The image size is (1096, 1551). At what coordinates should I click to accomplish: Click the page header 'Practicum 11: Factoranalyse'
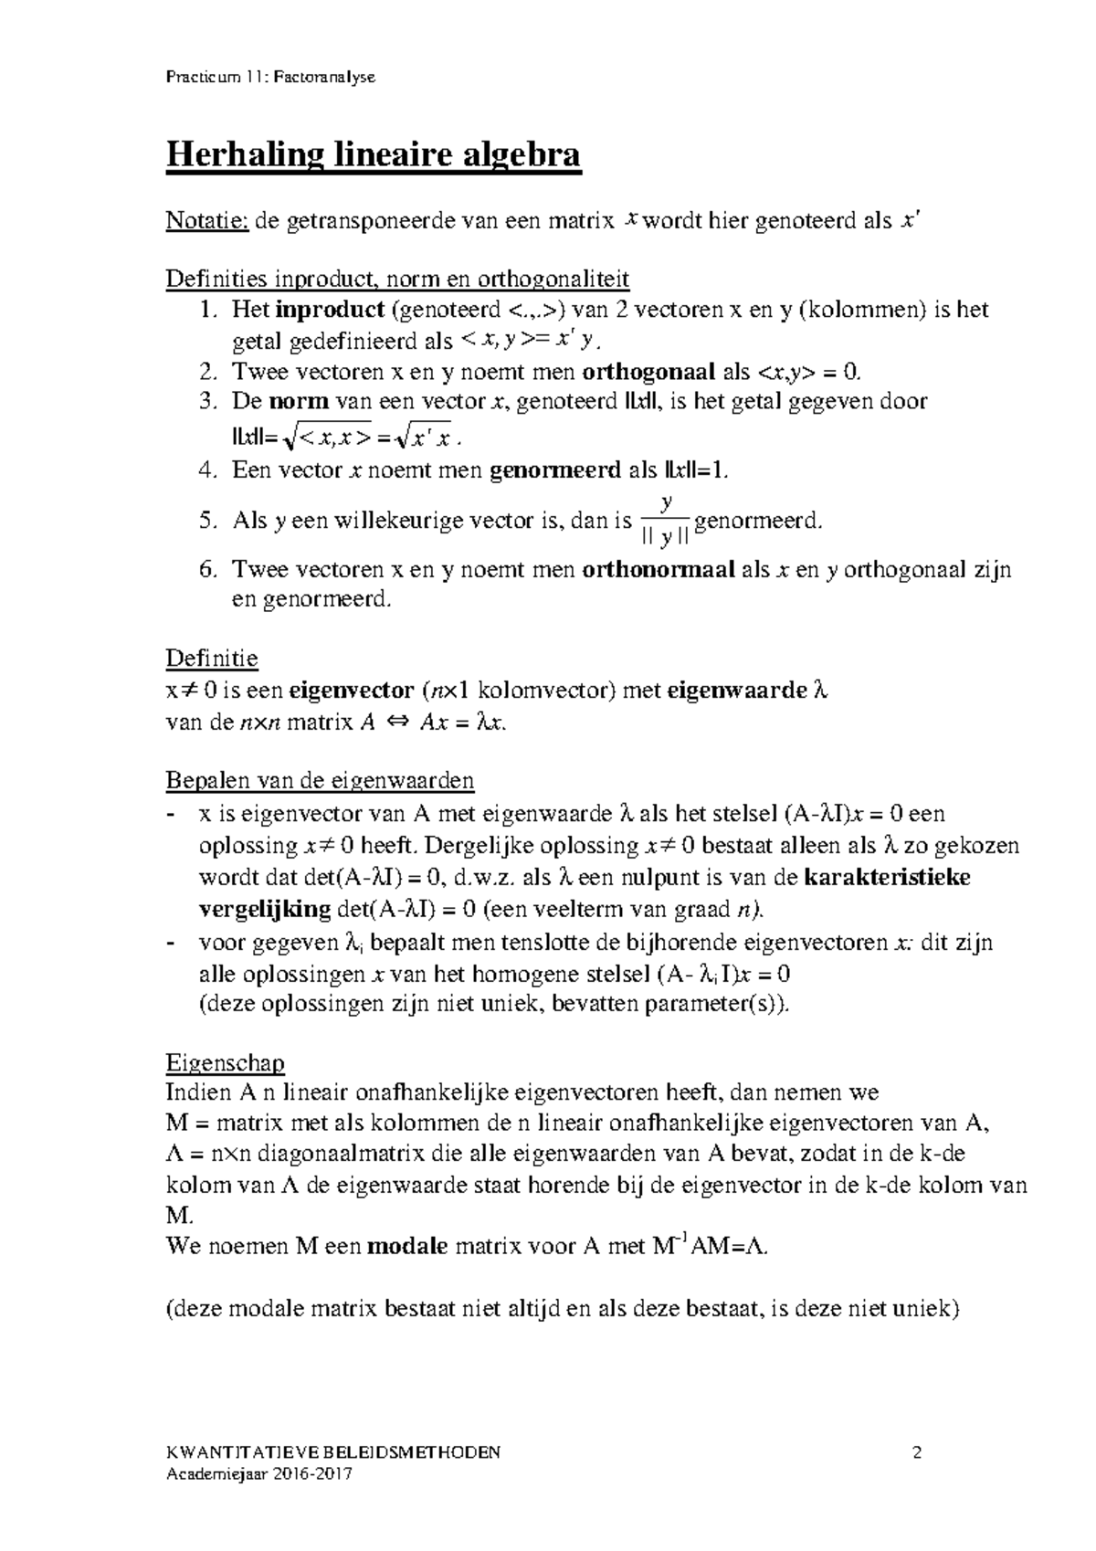pyautogui.click(x=269, y=78)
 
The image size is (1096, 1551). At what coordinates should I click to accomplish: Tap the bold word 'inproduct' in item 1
pyautogui.click(x=330, y=310)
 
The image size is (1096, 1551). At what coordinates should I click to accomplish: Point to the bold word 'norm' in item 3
pyautogui.click(x=299, y=401)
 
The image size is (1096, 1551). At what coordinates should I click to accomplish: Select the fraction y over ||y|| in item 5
pyautogui.click(x=667, y=522)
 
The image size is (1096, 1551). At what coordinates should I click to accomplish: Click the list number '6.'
pyautogui.click(x=208, y=570)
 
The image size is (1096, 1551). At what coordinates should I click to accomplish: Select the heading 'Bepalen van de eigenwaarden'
pyautogui.click(x=320, y=781)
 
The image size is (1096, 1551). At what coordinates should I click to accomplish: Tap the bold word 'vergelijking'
pyautogui.click(x=264, y=909)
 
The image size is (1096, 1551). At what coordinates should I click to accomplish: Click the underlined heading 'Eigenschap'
pyautogui.click(x=225, y=1064)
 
